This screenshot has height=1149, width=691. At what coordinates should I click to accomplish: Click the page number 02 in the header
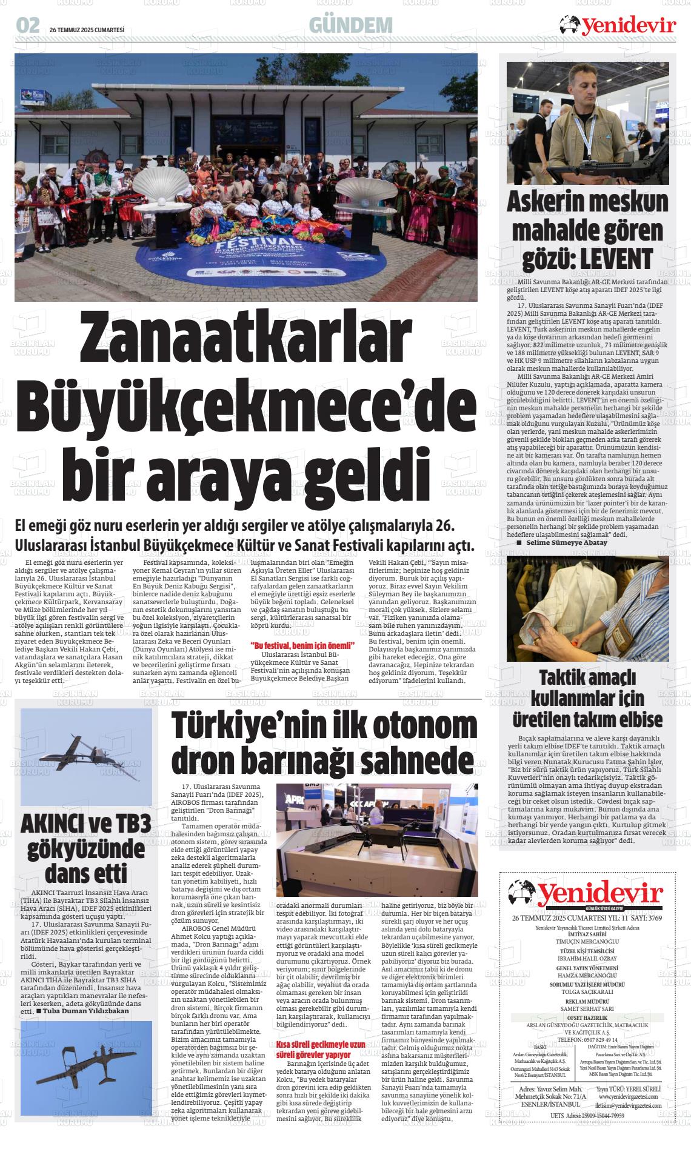(28, 25)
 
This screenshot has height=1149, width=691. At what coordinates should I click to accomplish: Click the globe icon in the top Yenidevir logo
(570, 25)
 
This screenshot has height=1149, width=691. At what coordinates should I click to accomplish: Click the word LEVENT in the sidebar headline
(616, 259)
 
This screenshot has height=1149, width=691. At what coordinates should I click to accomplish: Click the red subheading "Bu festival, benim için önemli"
(302, 645)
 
